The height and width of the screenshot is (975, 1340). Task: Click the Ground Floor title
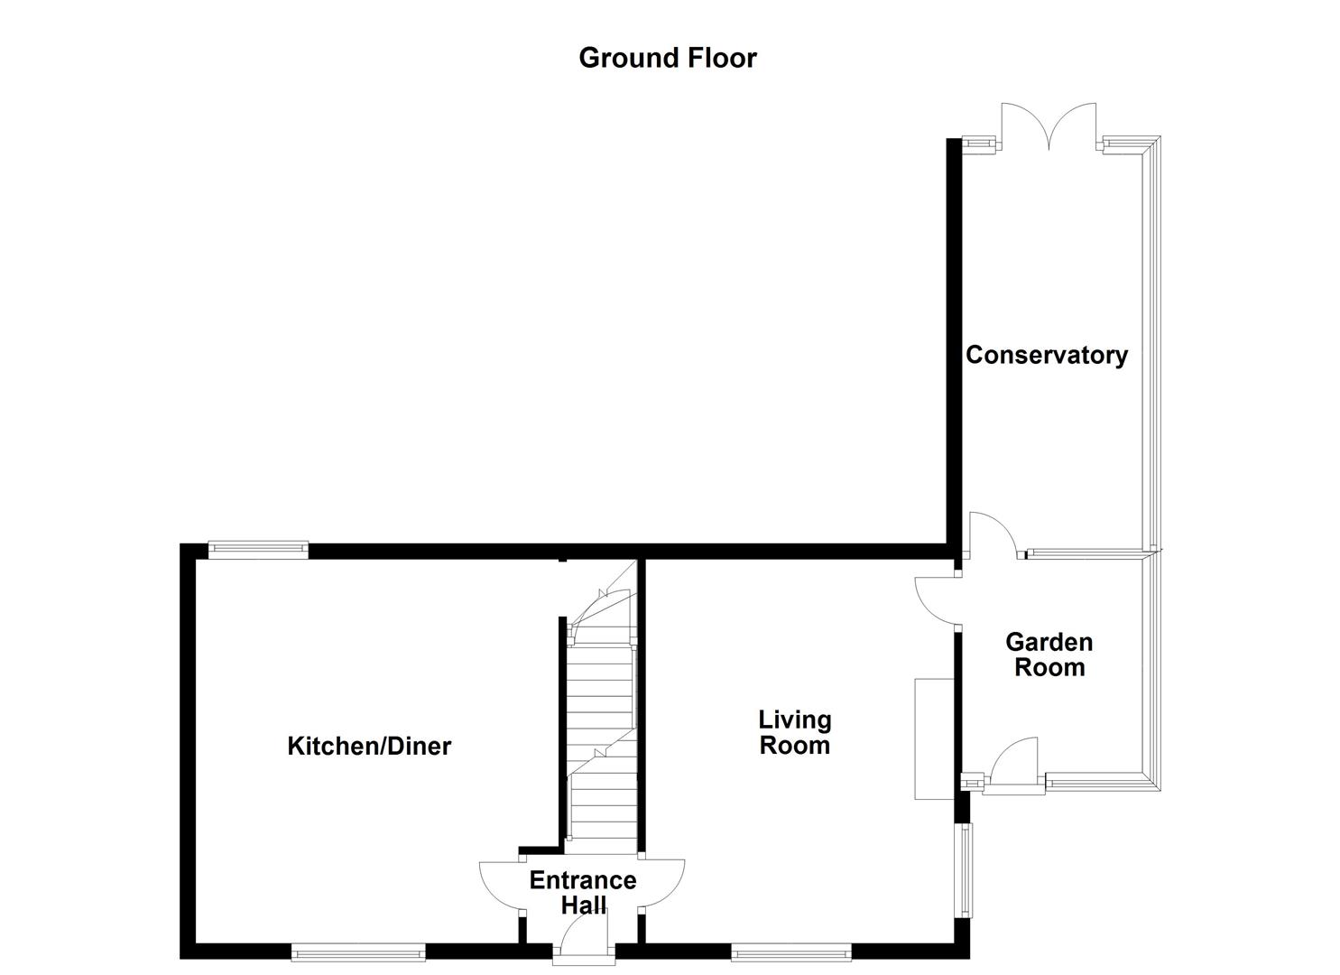point(668,58)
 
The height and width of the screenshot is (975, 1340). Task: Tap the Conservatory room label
point(1047,355)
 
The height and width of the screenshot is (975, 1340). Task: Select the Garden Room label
point(1049,655)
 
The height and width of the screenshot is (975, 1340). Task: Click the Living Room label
point(794,732)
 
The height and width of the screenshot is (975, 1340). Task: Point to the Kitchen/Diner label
point(369,746)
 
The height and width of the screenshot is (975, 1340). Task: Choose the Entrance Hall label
point(583,892)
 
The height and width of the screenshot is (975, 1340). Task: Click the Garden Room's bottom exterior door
point(1015,766)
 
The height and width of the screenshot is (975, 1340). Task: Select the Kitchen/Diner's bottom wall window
point(358,951)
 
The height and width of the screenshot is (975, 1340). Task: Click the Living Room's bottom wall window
point(790,951)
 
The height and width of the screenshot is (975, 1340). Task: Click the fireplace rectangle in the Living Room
point(934,738)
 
